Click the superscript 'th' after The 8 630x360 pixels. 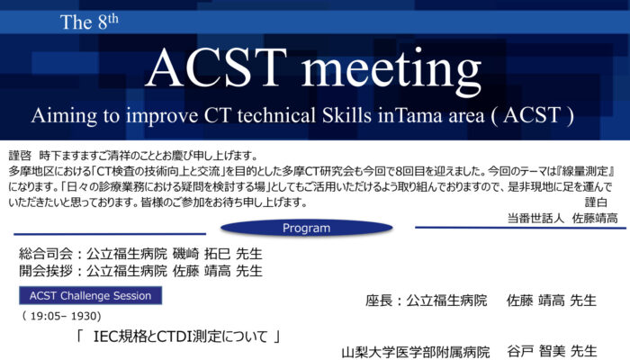click(112, 19)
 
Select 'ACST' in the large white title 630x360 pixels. click(216, 67)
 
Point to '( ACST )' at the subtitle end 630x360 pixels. click(532, 116)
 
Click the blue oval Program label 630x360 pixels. click(307, 228)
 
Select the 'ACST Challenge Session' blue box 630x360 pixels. click(90, 296)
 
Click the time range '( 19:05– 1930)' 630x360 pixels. click(61, 316)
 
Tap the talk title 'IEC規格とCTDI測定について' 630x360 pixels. click(180, 337)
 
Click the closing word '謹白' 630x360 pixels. click(596, 202)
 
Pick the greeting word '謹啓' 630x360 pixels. click(20, 156)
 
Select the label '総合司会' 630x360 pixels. click(46, 254)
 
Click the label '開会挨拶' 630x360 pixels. click(46, 271)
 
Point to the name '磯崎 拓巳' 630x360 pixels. click(202, 254)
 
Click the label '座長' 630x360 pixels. click(379, 301)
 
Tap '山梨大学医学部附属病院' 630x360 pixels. click(416, 353)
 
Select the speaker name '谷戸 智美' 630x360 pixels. click(535, 352)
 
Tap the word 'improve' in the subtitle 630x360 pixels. click(162, 116)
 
